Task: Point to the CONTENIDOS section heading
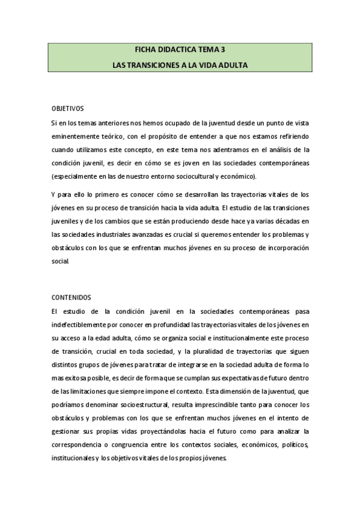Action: coord(70,297)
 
